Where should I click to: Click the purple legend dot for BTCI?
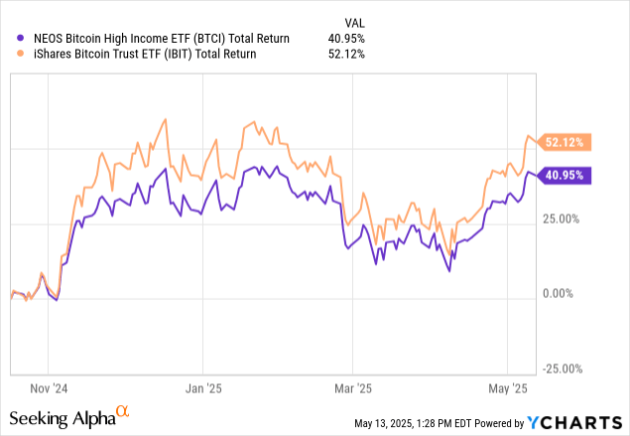pyautogui.click(x=21, y=38)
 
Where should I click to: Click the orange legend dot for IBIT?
pyautogui.click(x=21, y=55)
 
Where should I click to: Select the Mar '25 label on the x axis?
pyautogui.click(x=354, y=389)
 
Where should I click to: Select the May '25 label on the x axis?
pyautogui.click(x=506, y=389)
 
